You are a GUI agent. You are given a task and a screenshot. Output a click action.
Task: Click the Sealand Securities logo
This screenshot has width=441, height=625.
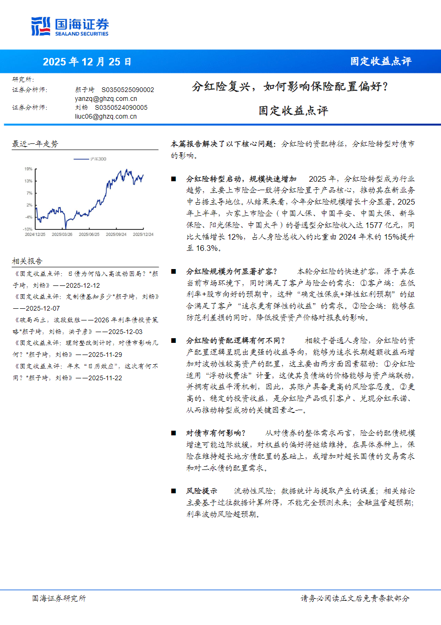click(70, 26)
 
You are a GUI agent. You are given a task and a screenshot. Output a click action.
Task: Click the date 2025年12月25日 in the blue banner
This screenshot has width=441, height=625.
click(87, 62)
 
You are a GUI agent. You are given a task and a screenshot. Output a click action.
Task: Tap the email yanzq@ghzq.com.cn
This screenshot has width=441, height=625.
click(106, 99)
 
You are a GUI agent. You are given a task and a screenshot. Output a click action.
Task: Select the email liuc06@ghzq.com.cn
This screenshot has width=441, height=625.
click(106, 116)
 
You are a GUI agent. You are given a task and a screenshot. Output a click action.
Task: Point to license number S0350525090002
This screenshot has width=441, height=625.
click(128, 90)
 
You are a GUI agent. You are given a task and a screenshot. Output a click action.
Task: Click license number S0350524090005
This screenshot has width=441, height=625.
click(121, 107)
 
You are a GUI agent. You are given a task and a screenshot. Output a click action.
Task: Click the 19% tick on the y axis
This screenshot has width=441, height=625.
click(28, 169)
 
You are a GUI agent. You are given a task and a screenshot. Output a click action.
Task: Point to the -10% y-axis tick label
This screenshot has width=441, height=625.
click(28, 229)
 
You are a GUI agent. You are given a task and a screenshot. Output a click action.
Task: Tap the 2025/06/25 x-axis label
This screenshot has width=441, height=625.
click(89, 234)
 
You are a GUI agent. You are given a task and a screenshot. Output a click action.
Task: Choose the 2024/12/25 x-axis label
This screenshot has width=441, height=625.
click(35, 234)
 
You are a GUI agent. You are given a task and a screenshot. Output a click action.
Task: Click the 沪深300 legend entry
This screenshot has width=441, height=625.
click(98, 159)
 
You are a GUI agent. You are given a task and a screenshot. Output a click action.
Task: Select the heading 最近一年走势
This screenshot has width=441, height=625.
click(35, 144)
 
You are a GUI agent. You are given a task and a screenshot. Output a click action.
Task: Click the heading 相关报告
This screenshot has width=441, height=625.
click(27, 261)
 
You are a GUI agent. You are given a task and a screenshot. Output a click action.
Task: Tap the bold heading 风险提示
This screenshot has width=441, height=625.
click(202, 491)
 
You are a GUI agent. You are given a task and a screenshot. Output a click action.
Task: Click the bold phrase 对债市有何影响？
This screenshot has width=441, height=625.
click(216, 433)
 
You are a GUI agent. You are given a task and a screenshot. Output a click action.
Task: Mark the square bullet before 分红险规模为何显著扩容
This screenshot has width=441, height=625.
click(174, 271)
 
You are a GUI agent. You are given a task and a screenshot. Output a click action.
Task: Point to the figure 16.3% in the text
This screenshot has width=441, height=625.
click(207, 248)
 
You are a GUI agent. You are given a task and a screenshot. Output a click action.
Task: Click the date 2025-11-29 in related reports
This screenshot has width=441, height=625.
click(105, 355)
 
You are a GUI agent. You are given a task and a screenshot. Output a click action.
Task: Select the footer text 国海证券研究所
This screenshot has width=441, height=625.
click(59, 598)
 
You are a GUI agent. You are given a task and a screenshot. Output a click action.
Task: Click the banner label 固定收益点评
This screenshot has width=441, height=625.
click(381, 61)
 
